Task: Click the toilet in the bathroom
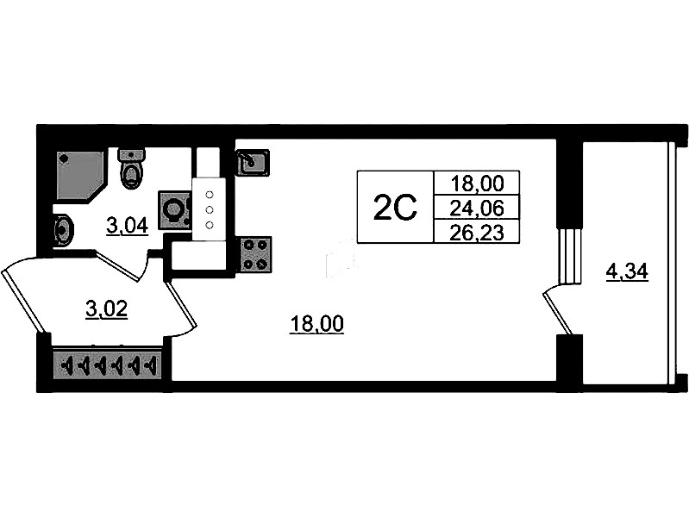point(132,170)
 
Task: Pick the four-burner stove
point(254,253)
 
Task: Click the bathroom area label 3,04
point(127,227)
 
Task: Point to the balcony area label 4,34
point(627,273)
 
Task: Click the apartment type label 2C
point(395,208)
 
